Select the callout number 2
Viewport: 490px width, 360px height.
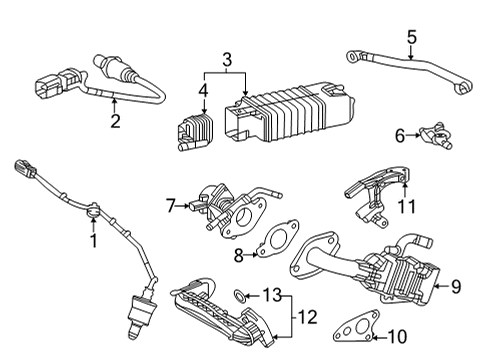click(115, 123)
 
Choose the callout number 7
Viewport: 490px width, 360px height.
click(171, 207)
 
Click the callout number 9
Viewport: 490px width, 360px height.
click(456, 287)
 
